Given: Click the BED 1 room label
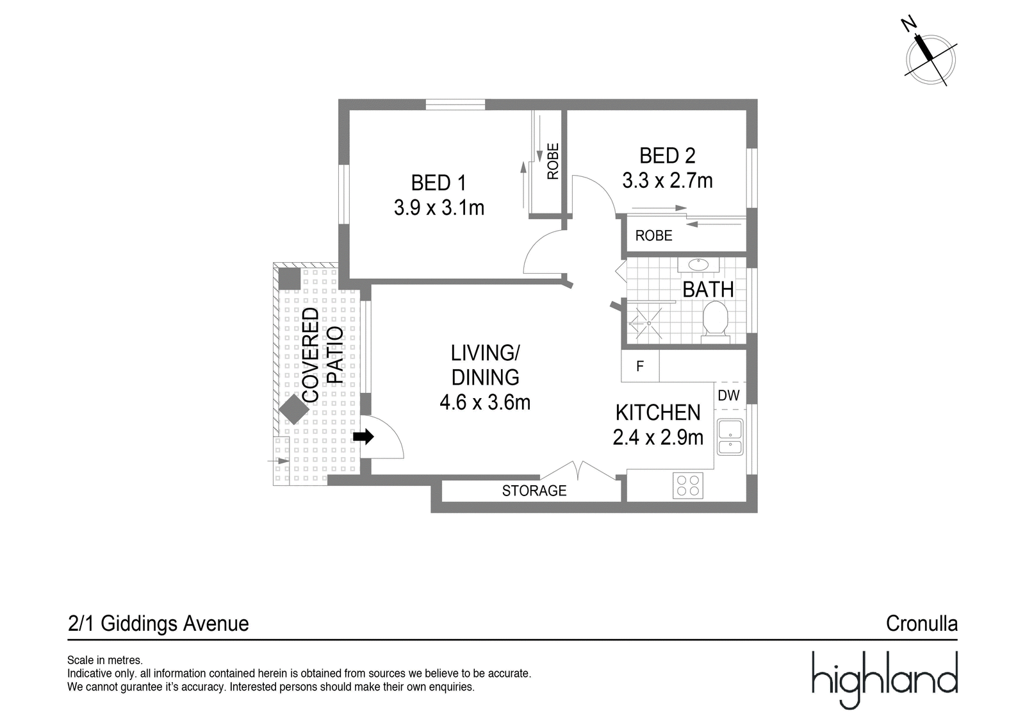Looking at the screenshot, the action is (438, 183).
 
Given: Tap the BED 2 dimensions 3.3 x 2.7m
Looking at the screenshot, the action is (667, 180).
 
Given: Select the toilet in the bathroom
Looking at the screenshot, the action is (715, 322).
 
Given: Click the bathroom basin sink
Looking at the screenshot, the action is (698, 265).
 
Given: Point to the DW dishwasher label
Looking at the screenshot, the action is (729, 396).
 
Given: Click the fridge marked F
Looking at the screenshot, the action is (640, 366).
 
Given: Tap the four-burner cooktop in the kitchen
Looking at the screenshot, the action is (688, 485).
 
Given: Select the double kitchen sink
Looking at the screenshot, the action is (730, 437).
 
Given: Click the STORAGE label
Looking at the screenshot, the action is (534, 491).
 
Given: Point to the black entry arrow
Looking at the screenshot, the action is (363, 437).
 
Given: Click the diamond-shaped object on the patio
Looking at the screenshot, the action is (294, 409).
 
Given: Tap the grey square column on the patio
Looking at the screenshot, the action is (290, 278).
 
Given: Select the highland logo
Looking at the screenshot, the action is (885, 679).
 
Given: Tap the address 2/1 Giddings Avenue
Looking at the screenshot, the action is (158, 624).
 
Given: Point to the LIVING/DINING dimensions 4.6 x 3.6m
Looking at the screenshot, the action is (485, 403).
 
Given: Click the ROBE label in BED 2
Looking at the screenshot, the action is (654, 236).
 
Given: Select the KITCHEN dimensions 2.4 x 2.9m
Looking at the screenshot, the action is (658, 437).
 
